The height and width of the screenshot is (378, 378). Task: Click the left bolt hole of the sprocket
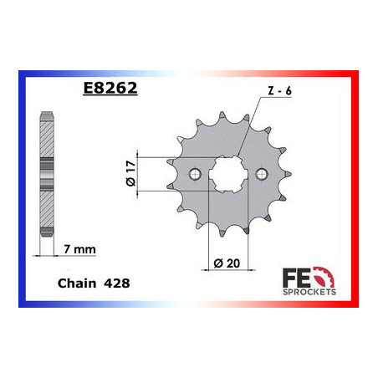click(195, 174)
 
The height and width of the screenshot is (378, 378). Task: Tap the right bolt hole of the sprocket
click(262, 174)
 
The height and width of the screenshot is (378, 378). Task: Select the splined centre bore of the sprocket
click(228, 175)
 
